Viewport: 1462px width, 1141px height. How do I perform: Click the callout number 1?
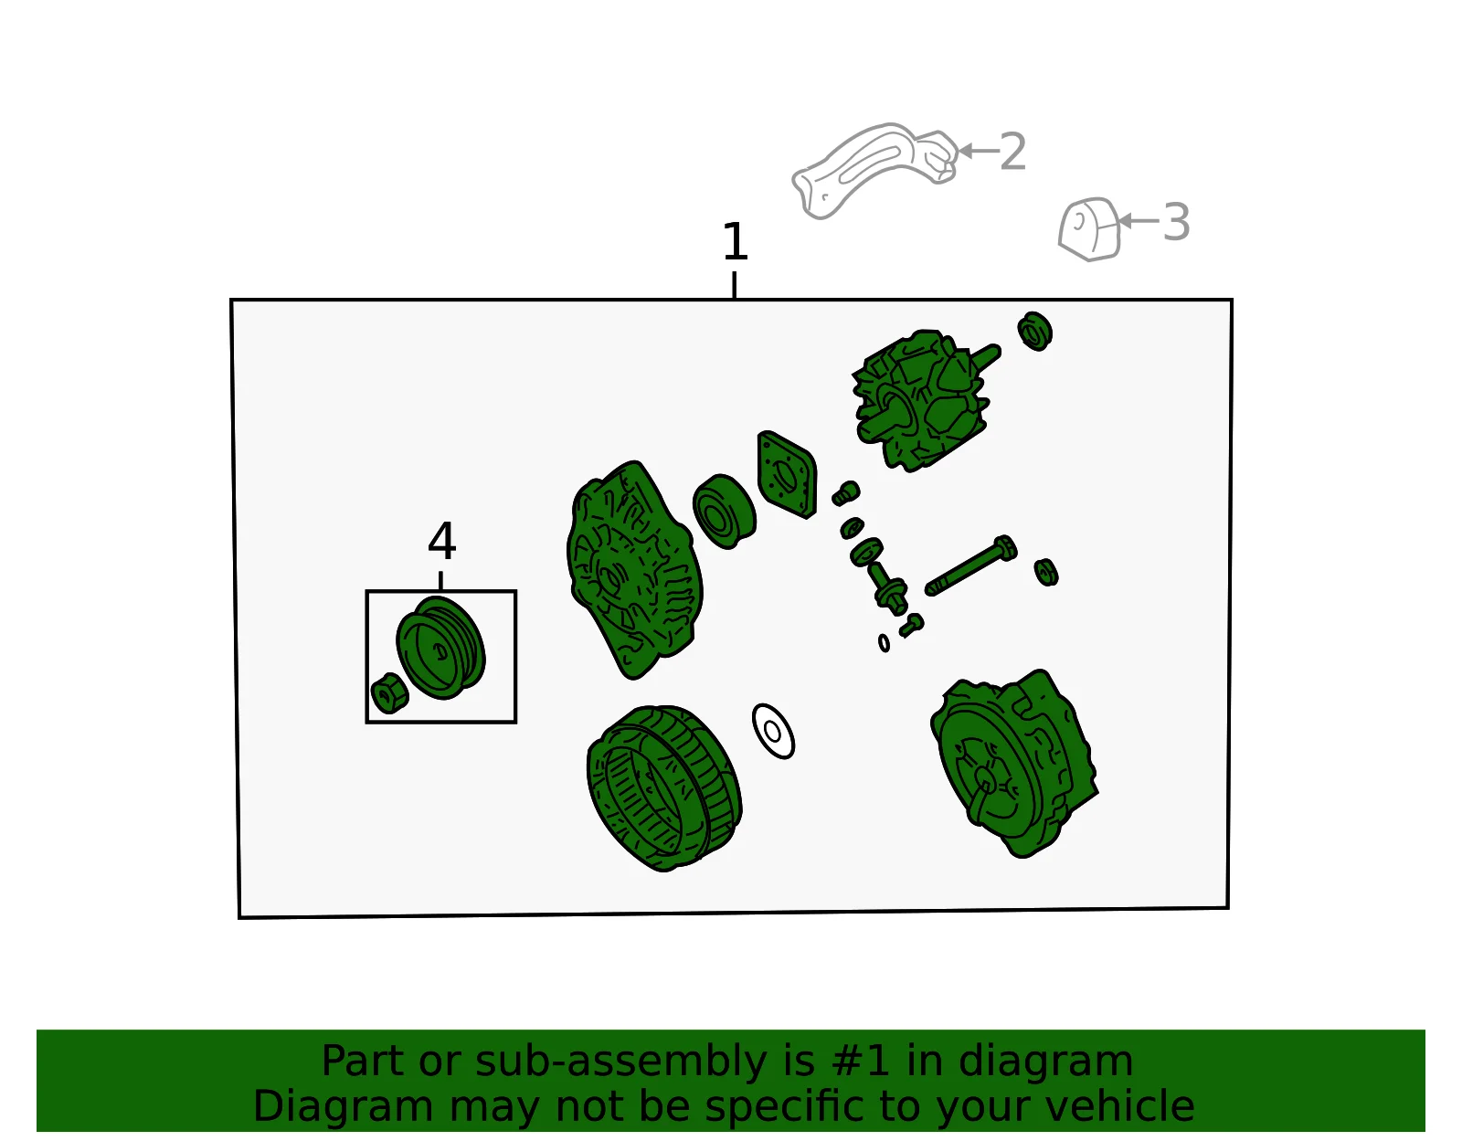click(734, 242)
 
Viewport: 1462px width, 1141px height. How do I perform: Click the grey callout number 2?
click(1012, 152)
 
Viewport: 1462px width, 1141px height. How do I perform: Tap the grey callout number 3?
click(1176, 222)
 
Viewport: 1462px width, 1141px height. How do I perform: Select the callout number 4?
click(441, 541)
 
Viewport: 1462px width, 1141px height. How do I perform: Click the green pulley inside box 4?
click(440, 648)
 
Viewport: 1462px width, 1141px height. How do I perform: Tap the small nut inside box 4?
click(389, 692)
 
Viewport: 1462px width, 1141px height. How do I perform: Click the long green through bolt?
click(970, 565)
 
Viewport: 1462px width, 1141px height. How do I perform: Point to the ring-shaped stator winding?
click(664, 788)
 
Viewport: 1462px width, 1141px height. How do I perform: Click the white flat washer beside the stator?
click(773, 732)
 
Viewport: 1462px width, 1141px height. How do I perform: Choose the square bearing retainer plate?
click(787, 475)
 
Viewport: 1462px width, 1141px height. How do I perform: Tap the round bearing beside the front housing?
click(724, 512)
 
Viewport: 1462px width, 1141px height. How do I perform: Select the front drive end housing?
click(634, 569)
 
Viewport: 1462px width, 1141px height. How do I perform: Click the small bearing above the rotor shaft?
click(1034, 331)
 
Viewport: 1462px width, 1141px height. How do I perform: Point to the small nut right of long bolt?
click(1046, 572)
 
